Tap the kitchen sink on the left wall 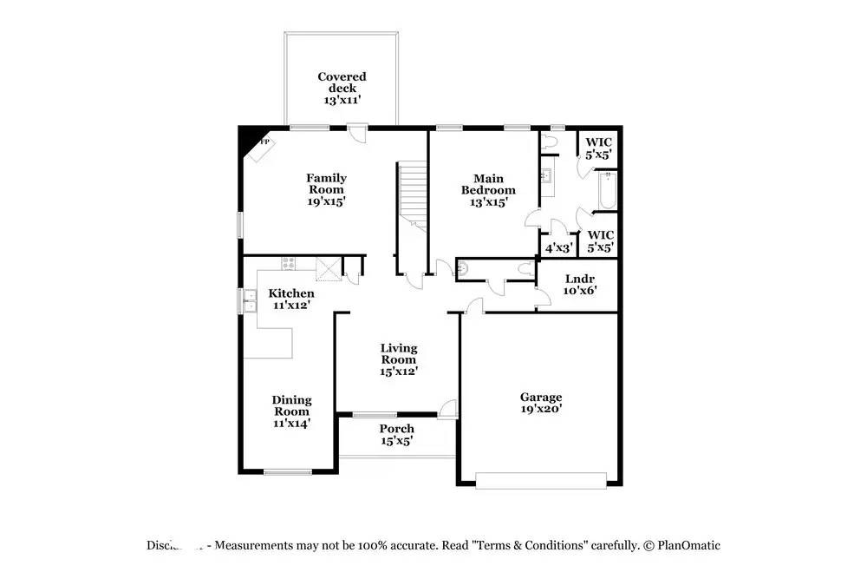pos(249,301)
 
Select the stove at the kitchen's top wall pos(288,262)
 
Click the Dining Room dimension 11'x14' pos(291,424)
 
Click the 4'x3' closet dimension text pos(558,247)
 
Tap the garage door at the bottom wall pos(541,480)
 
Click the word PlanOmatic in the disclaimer pos(688,546)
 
